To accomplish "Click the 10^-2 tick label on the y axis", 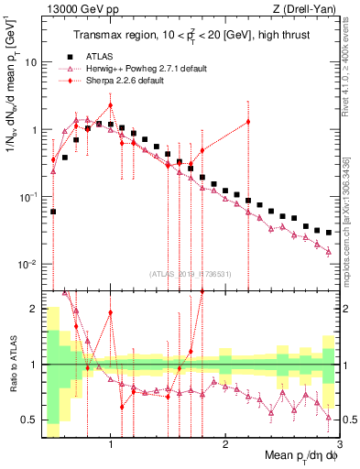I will click(26, 265).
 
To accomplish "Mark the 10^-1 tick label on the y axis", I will click(26, 198).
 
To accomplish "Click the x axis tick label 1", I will click(111, 446).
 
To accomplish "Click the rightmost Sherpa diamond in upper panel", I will click(248, 123).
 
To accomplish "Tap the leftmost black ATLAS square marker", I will click(53, 212).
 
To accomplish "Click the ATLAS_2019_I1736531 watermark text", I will click(191, 274).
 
